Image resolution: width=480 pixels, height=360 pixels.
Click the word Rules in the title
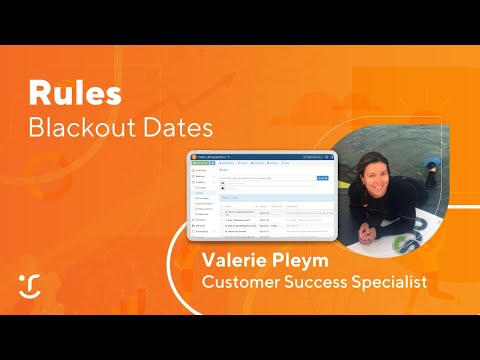pyautogui.click(x=75, y=94)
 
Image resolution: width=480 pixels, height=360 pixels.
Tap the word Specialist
pyautogui.click(x=391, y=283)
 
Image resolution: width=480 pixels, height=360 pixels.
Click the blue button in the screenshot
pyautogui.click(x=322, y=178)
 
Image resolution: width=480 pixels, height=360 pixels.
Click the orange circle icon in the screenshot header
pyautogui.click(x=193, y=156)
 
